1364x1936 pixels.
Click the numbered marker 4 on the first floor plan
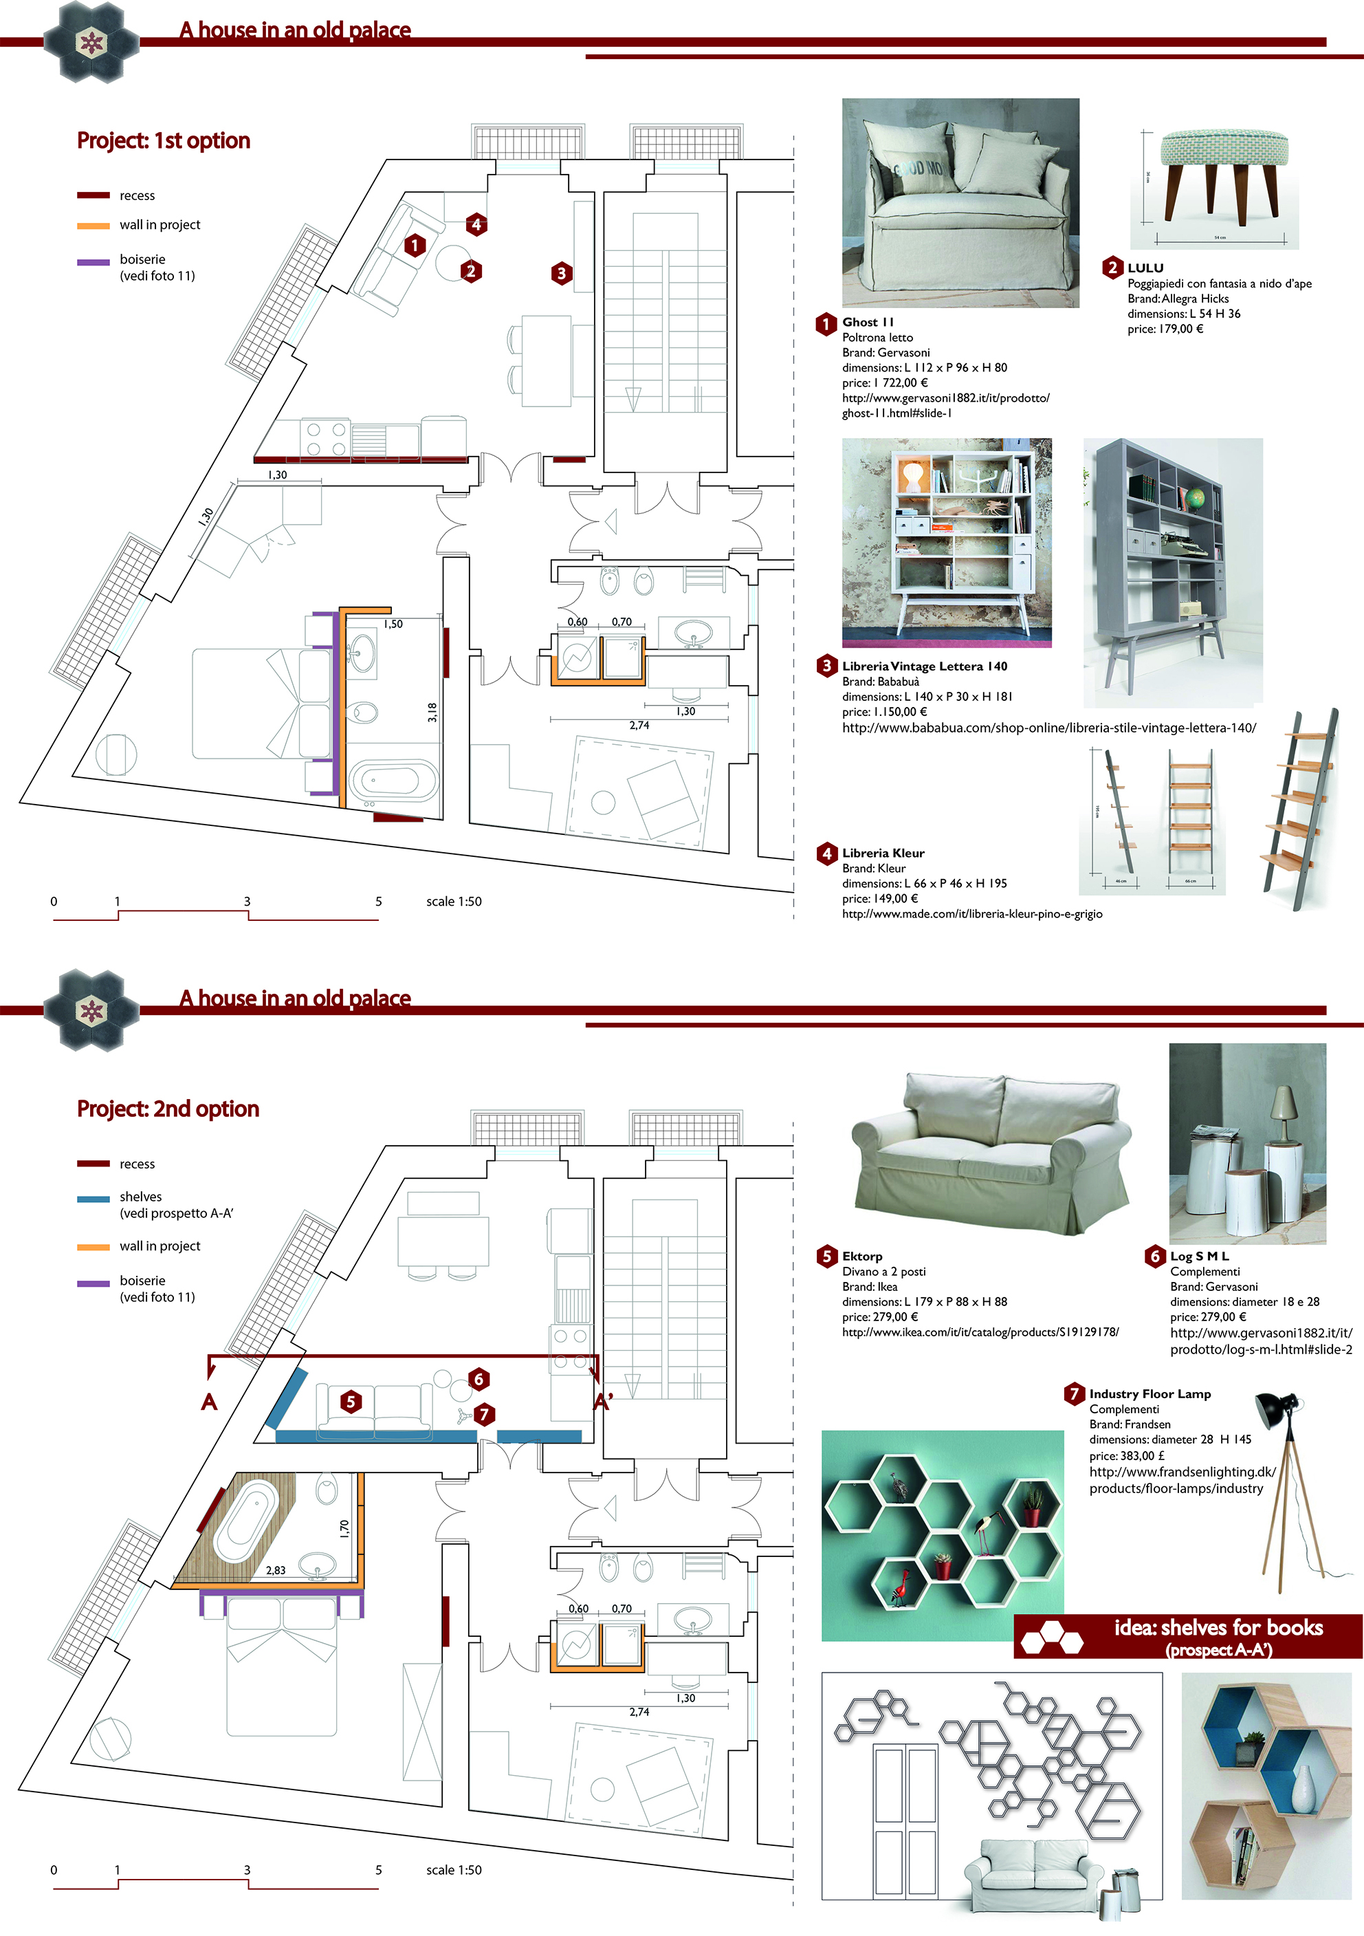476,224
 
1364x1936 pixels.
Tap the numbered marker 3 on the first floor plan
562,272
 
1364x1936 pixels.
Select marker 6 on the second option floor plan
478,1379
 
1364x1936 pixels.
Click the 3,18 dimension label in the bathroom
432,712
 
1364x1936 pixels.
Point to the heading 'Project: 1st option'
164,140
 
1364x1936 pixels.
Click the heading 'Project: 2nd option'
168,1108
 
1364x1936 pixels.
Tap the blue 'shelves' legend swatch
93,1198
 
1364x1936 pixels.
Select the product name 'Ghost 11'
868,322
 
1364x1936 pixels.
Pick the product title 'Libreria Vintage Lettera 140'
925,666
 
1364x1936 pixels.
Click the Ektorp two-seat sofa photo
991,1151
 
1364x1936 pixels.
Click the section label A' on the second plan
603,1402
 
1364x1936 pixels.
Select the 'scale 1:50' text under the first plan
454,902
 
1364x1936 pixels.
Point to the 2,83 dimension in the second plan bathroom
276,1570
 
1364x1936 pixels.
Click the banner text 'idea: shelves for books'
1218,1628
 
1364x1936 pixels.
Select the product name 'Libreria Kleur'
883,853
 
